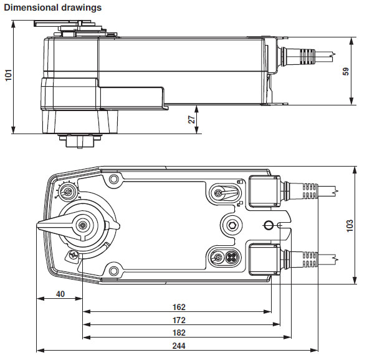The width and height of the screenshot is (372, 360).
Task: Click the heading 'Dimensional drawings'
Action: [x=53, y=7]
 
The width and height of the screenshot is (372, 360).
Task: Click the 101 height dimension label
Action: [x=8, y=75]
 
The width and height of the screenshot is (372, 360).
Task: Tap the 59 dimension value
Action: [x=346, y=71]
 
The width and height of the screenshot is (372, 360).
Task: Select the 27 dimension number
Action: [x=191, y=120]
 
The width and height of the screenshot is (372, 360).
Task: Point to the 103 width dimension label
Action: [x=350, y=226]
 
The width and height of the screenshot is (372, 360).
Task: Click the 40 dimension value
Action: [x=60, y=294]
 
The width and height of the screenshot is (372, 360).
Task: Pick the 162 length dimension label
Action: [x=179, y=307]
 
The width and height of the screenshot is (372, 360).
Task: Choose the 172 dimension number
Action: [x=179, y=320]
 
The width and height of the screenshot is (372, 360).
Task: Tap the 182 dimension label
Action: [x=179, y=333]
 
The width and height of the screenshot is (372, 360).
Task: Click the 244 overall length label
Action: [x=179, y=346]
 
